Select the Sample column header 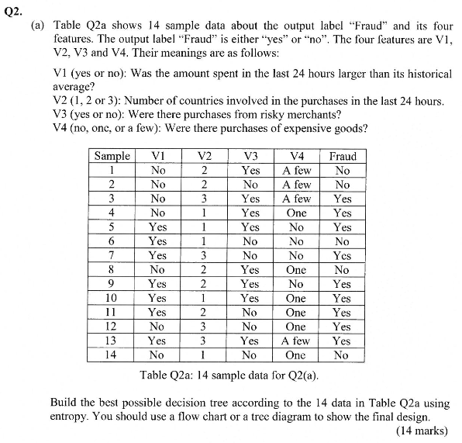[x=112, y=156]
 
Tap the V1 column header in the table [x=158, y=156]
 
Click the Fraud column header [x=343, y=156]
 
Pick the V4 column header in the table [x=296, y=156]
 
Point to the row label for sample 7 [x=112, y=255]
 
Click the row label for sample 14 [x=112, y=355]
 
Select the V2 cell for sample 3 [x=204, y=199]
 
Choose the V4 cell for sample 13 [x=296, y=341]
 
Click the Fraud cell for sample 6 [x=343, y=241]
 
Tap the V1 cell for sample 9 [x=158, y=284]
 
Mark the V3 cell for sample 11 [x=250, y=312]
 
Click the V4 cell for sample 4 [x=296, y=213]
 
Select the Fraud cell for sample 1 [x=343, y=170]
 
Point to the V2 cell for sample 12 [x=204, y=327]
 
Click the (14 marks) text [x=422, y=430]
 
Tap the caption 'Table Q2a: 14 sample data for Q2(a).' [x=230, y=376]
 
